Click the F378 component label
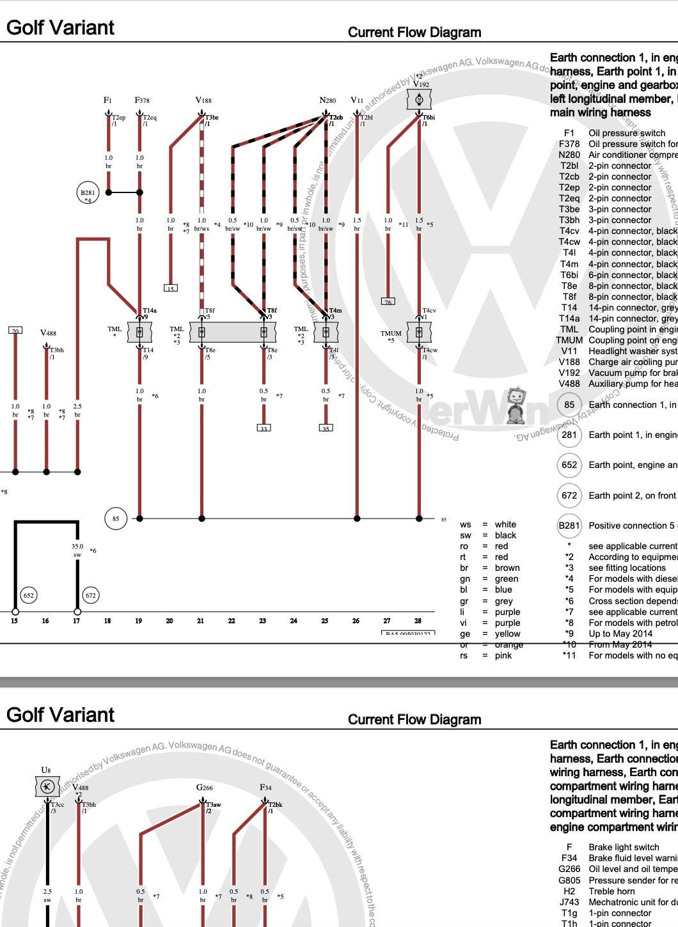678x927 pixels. point(142,100)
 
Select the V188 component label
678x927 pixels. point(203,100)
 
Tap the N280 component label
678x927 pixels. point(327,100)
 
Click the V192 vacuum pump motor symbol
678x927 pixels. point(420,100)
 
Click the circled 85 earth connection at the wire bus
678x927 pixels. point(115,518)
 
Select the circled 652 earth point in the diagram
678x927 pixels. point(28,595)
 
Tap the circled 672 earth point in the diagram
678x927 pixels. point(91,595)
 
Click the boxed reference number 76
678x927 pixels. point(388,301)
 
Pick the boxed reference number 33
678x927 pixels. point(264,428)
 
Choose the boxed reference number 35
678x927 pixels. point(326,428)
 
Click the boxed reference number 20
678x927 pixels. point(15,331)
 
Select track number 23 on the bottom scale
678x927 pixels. point(263,621)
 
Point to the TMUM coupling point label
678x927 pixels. point(391,333)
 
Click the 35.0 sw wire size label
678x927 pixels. point(77,550)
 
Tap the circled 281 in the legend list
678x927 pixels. point(569,435)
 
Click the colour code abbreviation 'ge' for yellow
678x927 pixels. point(465,634)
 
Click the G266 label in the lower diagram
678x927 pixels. point(204,788)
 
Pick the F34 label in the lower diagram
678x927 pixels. point(265,788)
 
